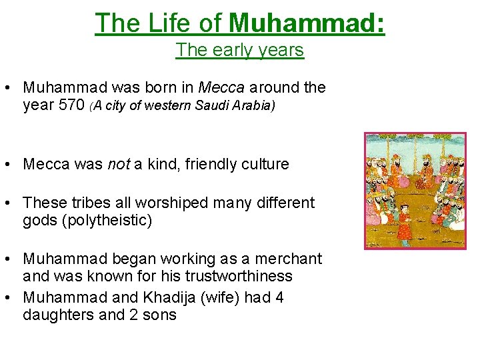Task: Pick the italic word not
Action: click(x=117, y=164)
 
